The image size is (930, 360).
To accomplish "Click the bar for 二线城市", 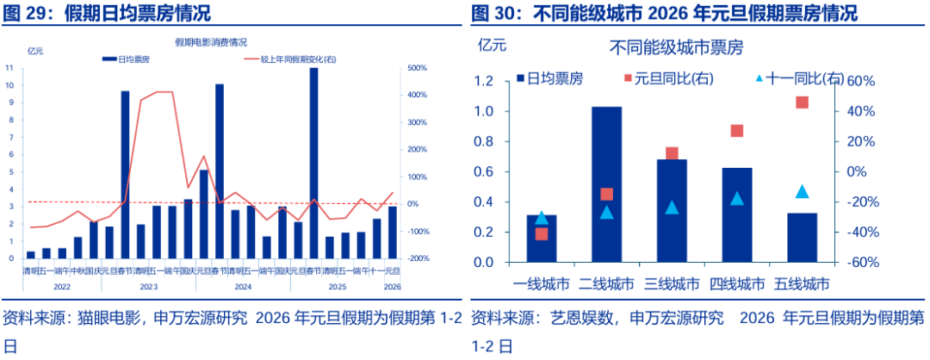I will tap(606, 184).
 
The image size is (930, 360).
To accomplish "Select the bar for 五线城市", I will tap(803, 237).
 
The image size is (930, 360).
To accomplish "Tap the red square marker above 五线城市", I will tap(802, 102).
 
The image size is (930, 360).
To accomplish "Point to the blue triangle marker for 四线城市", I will tap(736, 199).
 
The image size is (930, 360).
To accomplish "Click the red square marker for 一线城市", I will tap(542, 233).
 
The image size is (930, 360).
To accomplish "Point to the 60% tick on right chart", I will tap(862, 81).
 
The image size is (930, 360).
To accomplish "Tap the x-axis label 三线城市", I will tap(672, 283).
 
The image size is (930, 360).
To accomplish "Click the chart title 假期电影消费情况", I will tap(210, 41).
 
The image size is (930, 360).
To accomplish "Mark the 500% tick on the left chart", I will tap(417, 68).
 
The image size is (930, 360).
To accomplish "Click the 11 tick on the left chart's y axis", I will tap(9, 68).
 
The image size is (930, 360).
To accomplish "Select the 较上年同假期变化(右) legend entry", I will tap(292, 59).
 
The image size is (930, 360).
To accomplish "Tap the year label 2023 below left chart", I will tap(148, 286).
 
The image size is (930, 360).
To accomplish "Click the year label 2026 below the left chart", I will tap(392, 286).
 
